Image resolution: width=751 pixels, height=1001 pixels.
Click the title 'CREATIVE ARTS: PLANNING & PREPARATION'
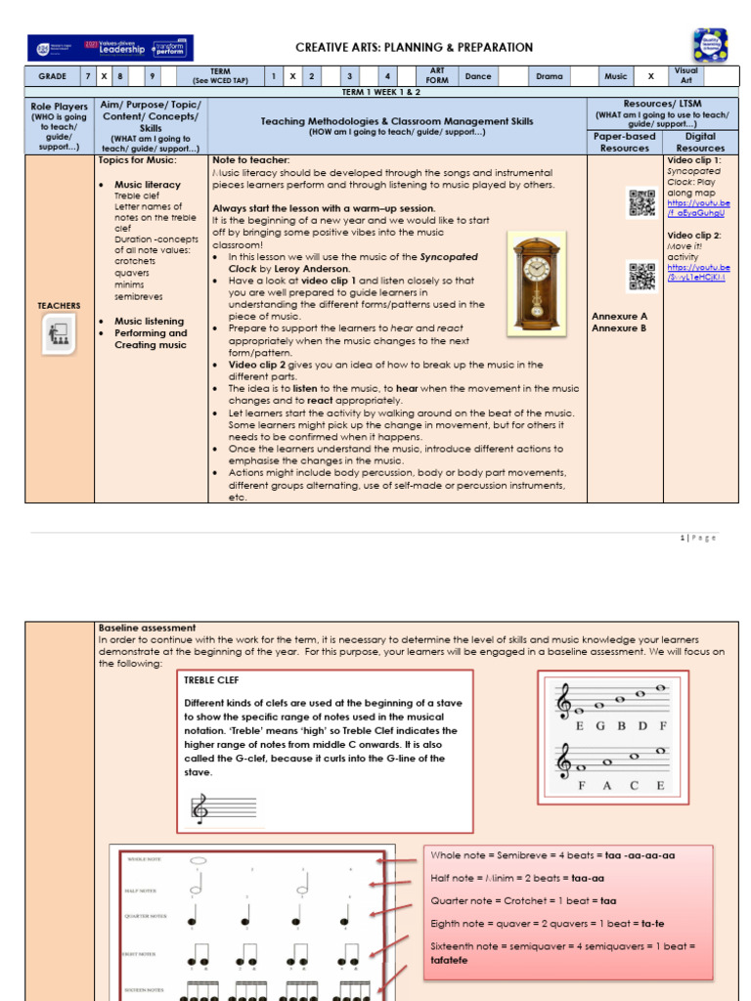pyautogui.click(x=415, y=47)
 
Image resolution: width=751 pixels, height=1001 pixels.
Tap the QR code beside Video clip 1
pyautogui.click(x=641, y=202)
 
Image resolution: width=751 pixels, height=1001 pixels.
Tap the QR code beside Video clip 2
pyautogui.click(x=641, y=278)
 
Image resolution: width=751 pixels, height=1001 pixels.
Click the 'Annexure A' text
pyautogui.click(x=619, y=317)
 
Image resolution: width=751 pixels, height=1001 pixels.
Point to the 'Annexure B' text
pyautogui.click(x=619, y=328)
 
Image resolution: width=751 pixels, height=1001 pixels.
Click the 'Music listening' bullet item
pyautogui.click(x=149, y=322)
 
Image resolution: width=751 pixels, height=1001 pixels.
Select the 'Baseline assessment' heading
pyautogui.click(x=147, y=628)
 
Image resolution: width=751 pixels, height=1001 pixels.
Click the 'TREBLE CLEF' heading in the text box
pyautogui.click(x=211, y=679)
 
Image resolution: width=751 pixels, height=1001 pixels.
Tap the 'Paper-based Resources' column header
pyautogui.click(x=625, y=142)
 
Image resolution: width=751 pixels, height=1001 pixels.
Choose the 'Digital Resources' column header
pyautogui.click(x=700, y=142)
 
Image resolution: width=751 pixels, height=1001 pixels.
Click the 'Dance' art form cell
pyautogui.click(x=478, y=75)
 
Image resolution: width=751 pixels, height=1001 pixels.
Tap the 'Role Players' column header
pyautogui.click(x=59, y=107)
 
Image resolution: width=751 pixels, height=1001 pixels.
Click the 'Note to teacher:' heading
pyautogui.click(x=250, y=159)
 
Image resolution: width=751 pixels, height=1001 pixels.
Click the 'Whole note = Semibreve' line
pyautogui.click(x=552, y=854)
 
